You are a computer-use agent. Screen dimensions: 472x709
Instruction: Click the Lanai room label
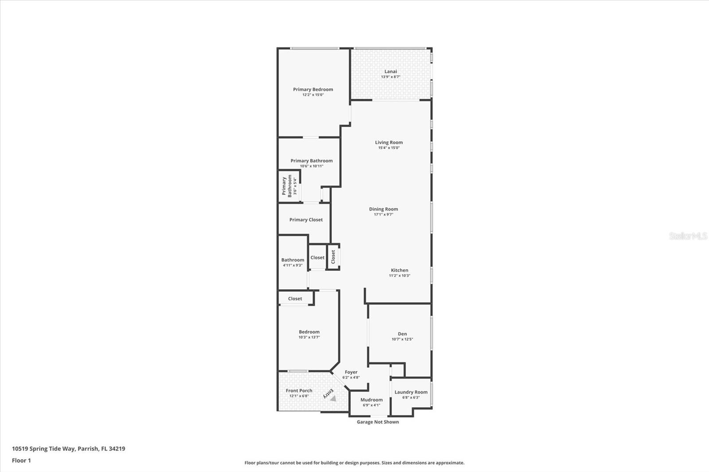[390, 71]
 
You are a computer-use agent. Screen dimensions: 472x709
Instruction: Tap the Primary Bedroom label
[313, 89]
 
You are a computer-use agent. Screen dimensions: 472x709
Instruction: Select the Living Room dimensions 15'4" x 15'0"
[389, 148]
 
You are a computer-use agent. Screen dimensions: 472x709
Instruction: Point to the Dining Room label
[383, 209]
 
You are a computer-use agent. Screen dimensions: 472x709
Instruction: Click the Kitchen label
[399, 270]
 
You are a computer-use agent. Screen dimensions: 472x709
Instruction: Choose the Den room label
[402, 334]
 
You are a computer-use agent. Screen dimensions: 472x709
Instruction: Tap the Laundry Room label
[411, 392]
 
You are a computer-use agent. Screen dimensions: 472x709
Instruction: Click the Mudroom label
[371, 399]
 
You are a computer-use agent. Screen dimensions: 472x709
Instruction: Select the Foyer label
[351, 372]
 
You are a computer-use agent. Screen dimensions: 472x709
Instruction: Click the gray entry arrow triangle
[333, 398]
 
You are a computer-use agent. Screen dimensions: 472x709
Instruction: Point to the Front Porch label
[299, 391]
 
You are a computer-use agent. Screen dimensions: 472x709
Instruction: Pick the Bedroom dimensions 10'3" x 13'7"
[309, 337]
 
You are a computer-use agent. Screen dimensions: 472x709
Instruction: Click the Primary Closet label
[306, 220]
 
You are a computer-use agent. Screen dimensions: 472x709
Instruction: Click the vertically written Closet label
[333, 257]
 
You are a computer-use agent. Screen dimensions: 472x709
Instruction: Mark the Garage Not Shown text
[378, 422]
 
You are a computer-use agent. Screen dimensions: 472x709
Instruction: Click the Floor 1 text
[21, 460]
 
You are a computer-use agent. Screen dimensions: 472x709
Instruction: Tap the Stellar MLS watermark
[688, 236]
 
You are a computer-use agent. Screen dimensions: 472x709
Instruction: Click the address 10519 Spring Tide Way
[43, 449]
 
